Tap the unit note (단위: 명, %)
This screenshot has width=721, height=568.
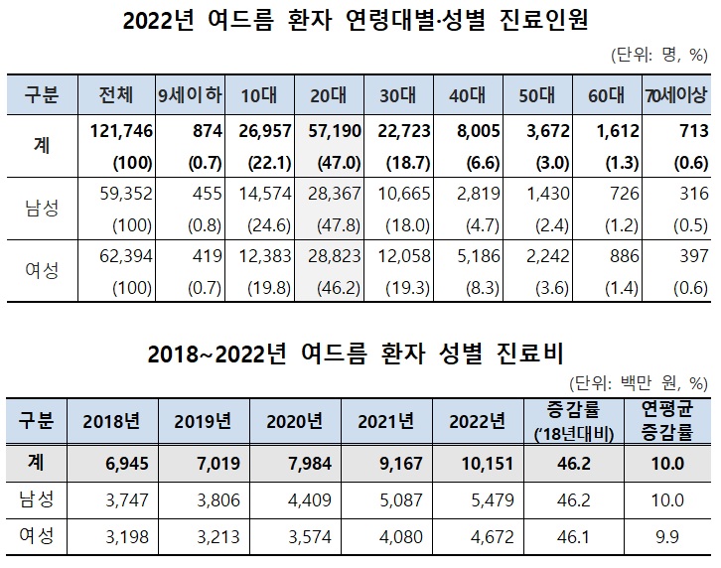point(655,56)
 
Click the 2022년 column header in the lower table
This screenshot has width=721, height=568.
point(477,420)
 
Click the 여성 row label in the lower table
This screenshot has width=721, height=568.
point(38,538)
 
